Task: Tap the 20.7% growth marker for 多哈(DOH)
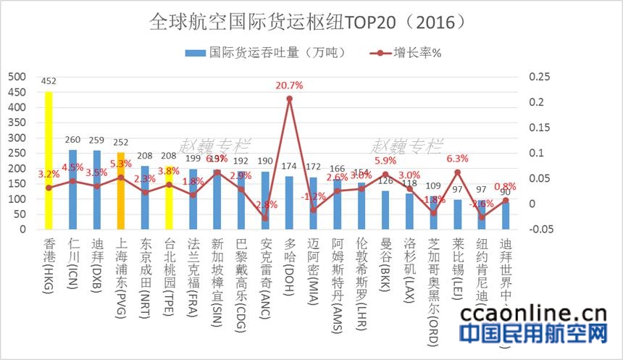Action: coord(289,98)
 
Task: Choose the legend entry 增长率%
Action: coord(409,53)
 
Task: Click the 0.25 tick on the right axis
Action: coord(540,76)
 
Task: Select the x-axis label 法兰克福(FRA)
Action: coord(193,272)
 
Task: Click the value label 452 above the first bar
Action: coord(49,82)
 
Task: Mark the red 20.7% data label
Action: coord(289,85)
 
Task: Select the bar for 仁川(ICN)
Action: coord(72,190)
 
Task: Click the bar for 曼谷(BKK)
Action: coord(385,210)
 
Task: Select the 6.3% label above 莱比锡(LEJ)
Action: coord(457,159)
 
